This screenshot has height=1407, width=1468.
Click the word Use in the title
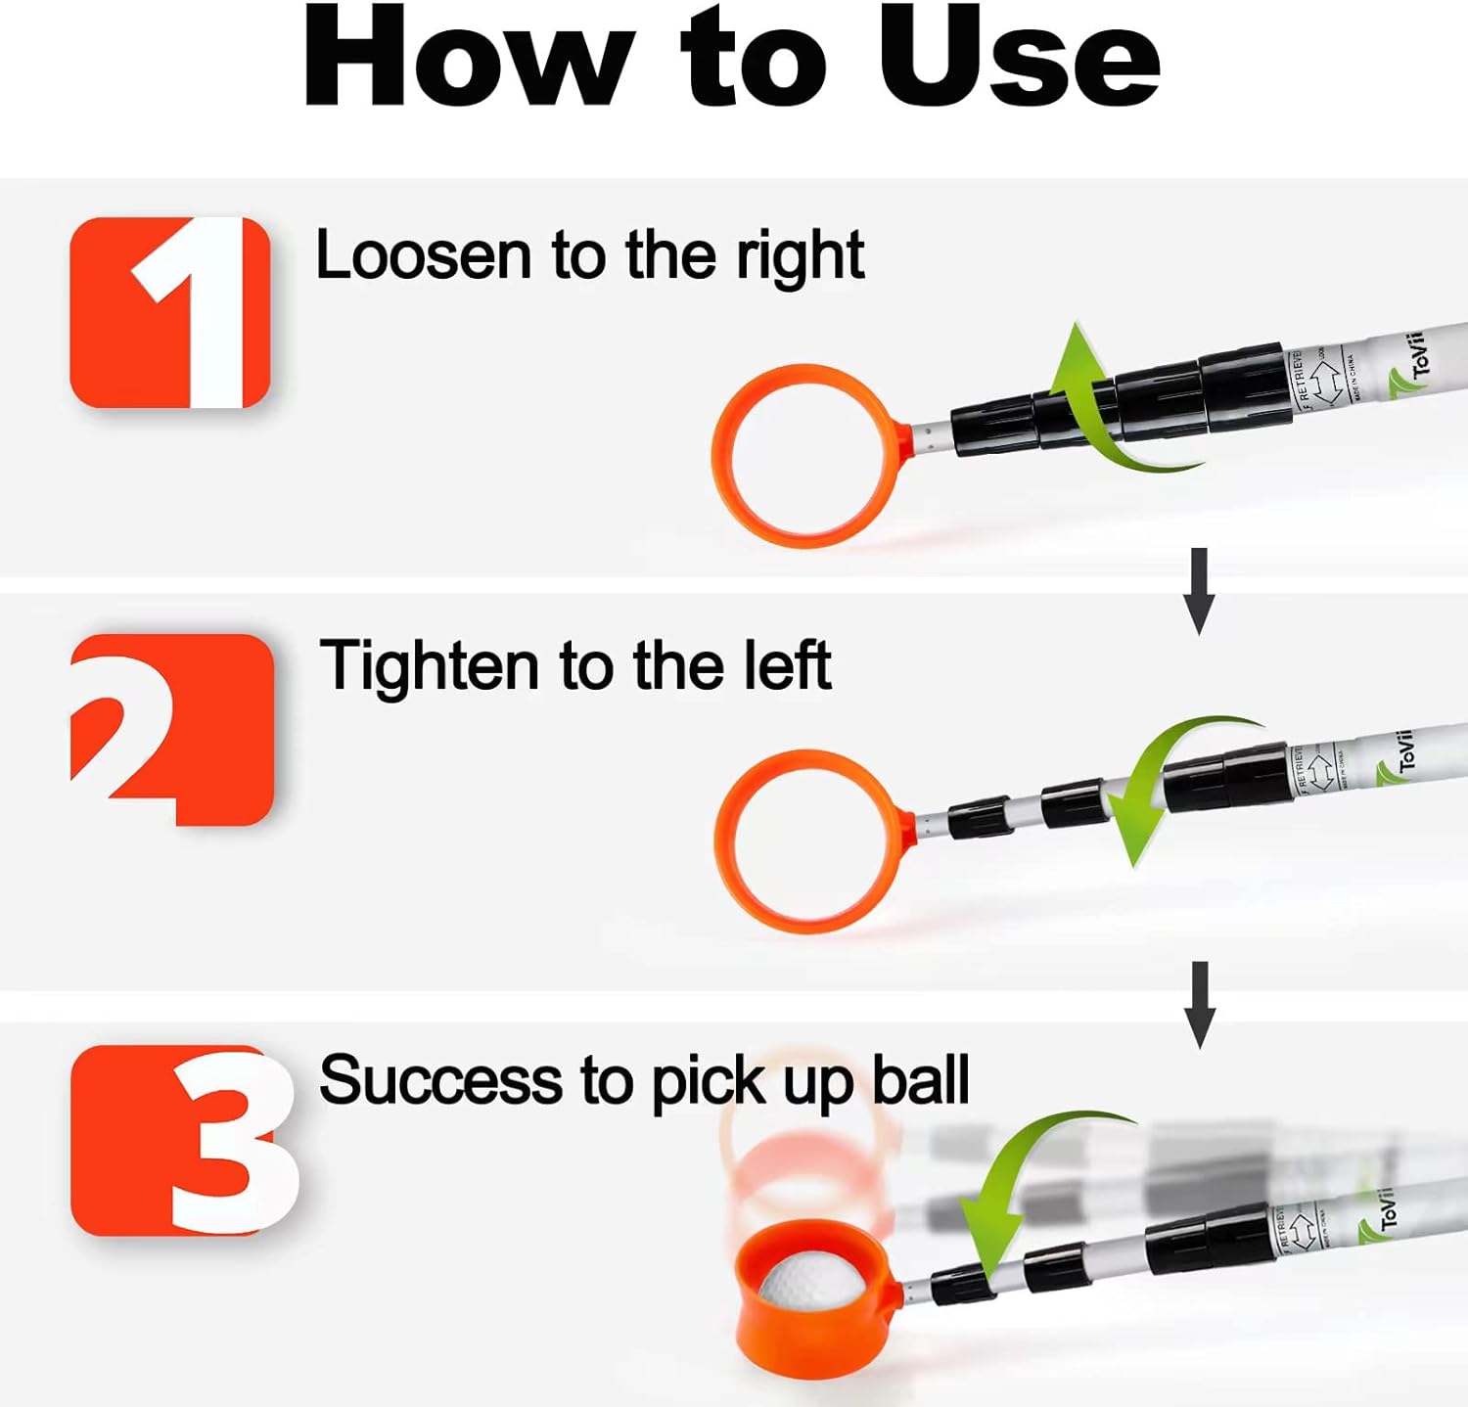(x=1018, y=59)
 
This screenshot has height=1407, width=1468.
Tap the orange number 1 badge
(x=170, y=312)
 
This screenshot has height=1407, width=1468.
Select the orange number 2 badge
(x=172, y=729)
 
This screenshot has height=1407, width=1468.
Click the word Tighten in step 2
(x=430, y=667)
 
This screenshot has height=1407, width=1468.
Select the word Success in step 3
(x=441, y=1081)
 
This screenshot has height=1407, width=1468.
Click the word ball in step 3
(x=920, y=1081)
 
